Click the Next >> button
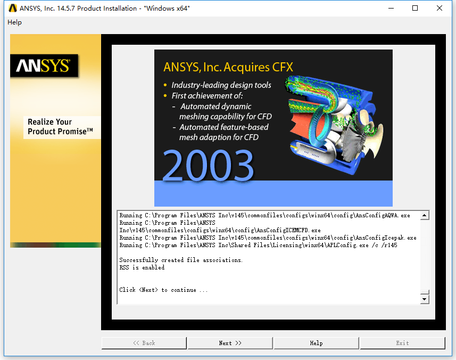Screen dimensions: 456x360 coord(230,343)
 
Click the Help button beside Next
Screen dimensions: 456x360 coord(316,343)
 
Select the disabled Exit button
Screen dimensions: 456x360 coord(402,343)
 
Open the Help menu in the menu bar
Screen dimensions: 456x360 coord(14,22)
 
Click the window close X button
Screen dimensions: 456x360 coord(440,8)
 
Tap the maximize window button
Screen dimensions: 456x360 coord(415,8)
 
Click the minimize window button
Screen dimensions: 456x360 coord(391,8)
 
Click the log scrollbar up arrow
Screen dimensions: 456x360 coord(425,215)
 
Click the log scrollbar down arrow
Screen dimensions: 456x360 coord(425,299)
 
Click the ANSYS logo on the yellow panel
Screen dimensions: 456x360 coord(44,66)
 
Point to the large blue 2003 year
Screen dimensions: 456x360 coord(208,165)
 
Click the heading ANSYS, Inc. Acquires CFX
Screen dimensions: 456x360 coord(228,67)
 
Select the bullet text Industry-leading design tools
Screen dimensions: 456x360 coord(221,85)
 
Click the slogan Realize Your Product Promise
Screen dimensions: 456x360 coord(60,127)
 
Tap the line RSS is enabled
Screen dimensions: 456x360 coord(142,267)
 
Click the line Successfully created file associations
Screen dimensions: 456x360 coord(181,260)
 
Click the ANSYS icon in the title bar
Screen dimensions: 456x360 coord(13,8)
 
